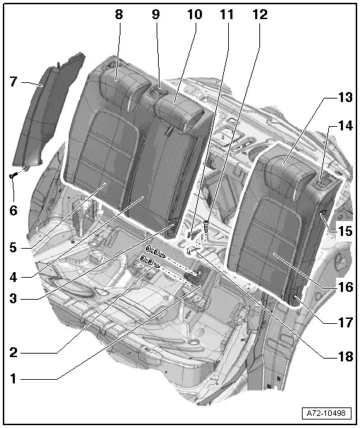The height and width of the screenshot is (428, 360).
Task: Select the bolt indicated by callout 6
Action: [14, 174]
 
